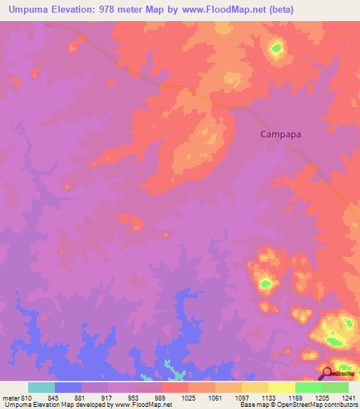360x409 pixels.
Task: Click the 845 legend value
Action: pyautogui.click(x=54, y=398)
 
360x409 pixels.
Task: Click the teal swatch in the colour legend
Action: pyautogui.click(x=41, y=387)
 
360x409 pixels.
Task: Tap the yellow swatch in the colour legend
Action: pyautogui.click(x=281, y=387)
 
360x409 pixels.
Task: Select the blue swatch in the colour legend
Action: pyautogui.click(x=68, y=387)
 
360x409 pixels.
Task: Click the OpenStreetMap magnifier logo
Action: pyautogui.click(x=327, y=374)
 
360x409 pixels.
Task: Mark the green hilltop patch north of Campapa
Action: pyautogui.click(x=276, y=48)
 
